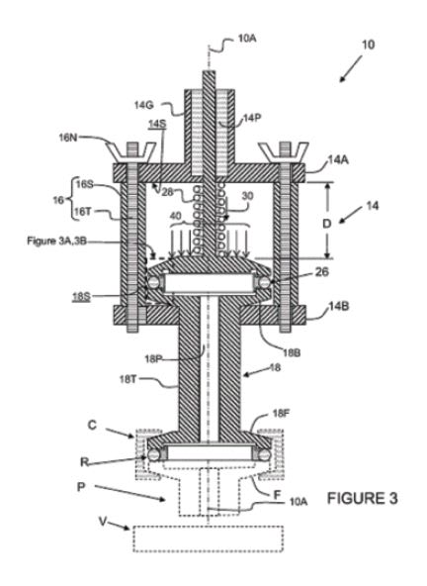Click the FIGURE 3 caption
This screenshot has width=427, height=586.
[362, 498]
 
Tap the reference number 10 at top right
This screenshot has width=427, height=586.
[368, 45]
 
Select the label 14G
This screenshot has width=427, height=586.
[143, 105]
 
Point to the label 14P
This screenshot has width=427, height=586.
[252, 118]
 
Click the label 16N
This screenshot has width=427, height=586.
[68, 138]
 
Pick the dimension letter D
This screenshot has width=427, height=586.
[326, 224]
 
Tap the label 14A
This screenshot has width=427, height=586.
[338, 160]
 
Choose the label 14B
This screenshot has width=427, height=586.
[339, 307]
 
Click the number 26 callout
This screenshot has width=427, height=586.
[322, 271]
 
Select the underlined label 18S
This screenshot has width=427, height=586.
[81, 297]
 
